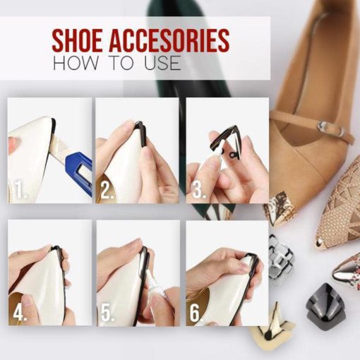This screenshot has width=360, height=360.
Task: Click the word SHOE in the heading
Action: point(78,40)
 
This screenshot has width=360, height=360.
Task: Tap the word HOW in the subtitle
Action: point(75,63)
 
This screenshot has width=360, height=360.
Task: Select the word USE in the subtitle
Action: point(163,63)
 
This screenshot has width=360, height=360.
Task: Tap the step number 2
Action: point(107,190)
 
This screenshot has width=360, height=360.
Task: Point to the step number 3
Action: point(198,190)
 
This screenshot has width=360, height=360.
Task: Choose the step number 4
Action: point(20,312)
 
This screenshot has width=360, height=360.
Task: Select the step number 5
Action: point(107,313)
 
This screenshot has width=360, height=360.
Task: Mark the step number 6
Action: point(196,313)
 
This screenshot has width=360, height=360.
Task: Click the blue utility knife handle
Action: point(79,174)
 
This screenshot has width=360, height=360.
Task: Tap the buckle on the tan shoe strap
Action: point(325,127)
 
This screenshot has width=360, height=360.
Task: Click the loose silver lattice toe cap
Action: point(281,259)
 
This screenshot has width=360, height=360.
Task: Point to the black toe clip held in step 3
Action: point(226,141)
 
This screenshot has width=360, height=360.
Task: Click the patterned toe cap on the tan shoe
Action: point(280,210)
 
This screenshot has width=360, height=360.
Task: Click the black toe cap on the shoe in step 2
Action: point(142,134)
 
